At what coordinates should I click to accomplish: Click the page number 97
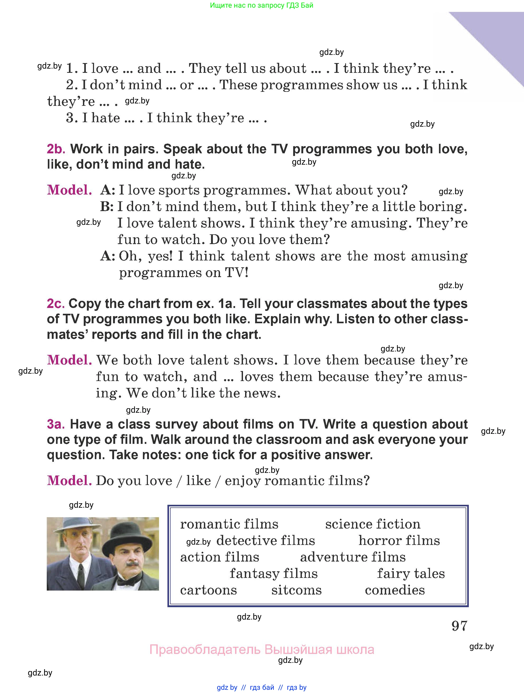click(459, 626)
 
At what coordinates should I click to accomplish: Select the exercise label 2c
click(55, 304)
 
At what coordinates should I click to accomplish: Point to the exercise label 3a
click(55, 424)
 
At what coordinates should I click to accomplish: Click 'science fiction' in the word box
click(373, 524)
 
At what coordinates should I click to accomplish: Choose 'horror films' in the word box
click(399, 541)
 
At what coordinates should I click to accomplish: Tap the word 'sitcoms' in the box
click(296, 590)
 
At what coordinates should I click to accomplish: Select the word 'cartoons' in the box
click(208, 590)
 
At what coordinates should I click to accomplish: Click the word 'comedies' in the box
click(395, 590)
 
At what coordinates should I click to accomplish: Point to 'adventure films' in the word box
click(353, 557)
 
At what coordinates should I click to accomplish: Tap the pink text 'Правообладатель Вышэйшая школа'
click(261, 649)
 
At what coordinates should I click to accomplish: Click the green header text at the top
click(261, 5)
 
